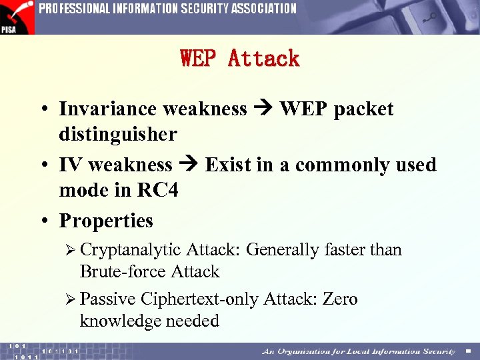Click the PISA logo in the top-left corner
(17, 17)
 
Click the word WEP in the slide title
(199, 59)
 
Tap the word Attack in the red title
(264, 59)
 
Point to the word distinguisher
(118, 134)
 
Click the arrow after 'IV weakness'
(189, 165)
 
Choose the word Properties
(106, 221)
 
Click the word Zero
(340, 299)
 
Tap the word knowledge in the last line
(120, 321)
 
